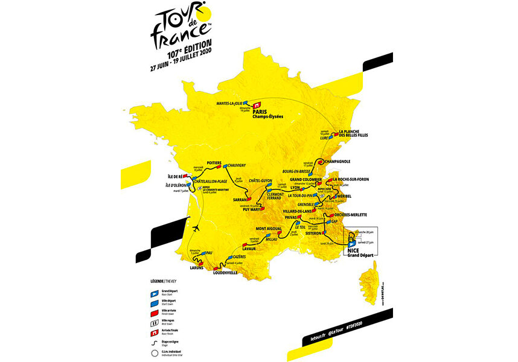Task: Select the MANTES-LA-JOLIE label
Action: tap(234, 104)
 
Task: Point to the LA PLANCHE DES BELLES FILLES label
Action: tap(358, 134)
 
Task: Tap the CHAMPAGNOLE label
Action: tap(340, 162)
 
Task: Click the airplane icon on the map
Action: tap(199, 230)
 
